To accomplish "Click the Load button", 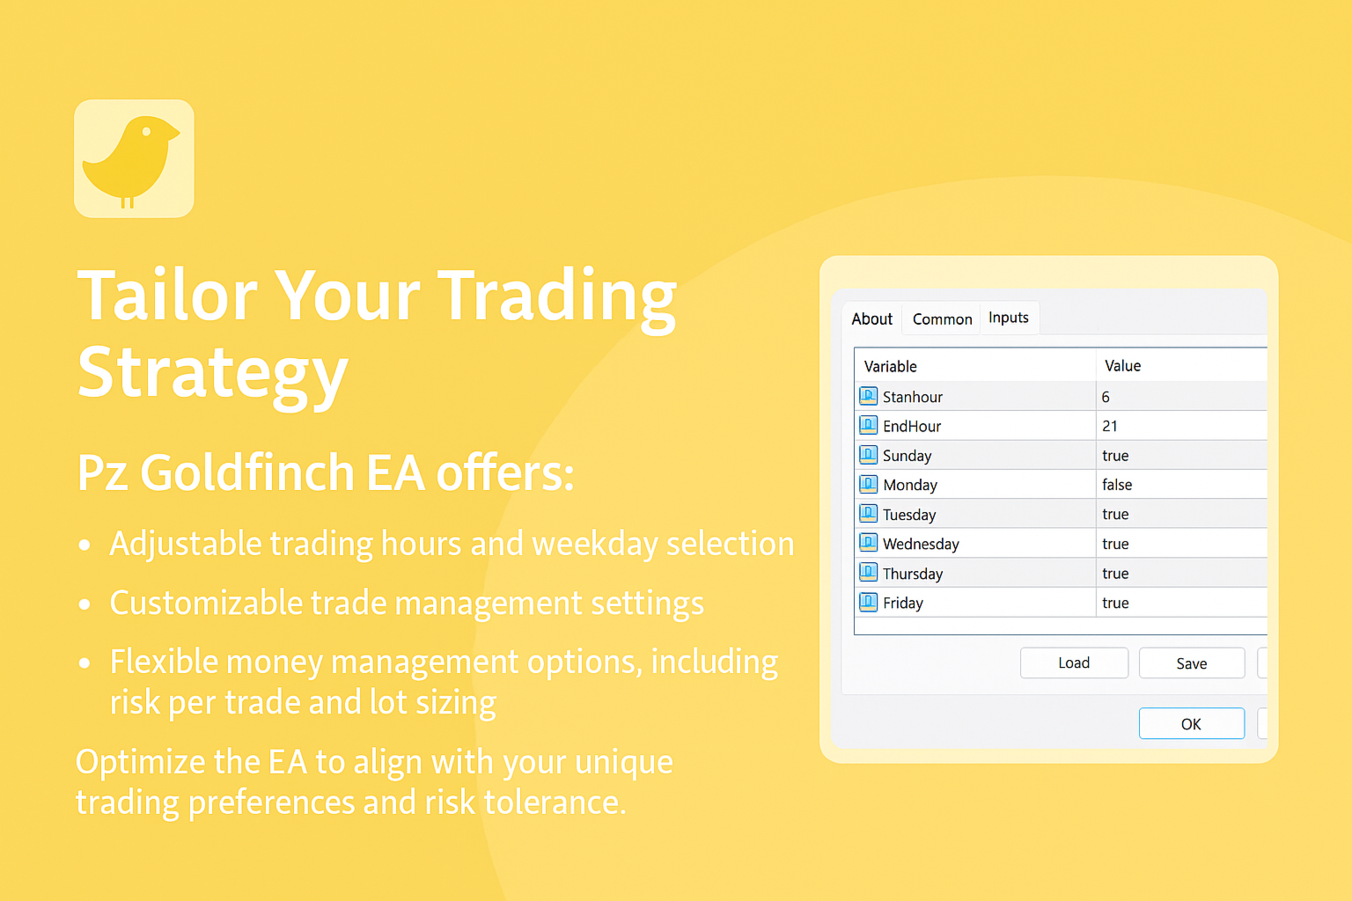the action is [1074, 663].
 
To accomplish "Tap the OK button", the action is [1192, 723].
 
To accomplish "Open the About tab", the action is [871, 319].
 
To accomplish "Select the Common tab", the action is [942, 319].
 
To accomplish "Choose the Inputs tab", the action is [1009, 318].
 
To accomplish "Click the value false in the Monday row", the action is [1117, 485].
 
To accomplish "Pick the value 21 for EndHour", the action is [1109, 426].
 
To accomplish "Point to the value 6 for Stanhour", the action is [1106, 397].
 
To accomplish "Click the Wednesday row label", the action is [921, 545].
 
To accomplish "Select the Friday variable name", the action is [903, 603].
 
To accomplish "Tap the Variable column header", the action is [890, 366].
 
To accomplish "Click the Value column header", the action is [1122, 366].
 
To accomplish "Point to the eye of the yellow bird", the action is [146, 131].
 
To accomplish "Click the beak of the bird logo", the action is [173, 132].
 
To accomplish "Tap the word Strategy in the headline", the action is [212, 372].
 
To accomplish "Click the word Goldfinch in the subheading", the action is [246, 472].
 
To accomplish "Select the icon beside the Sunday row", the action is [868, 455].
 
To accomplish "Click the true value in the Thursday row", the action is [1115, 574].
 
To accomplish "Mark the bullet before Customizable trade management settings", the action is [84, 604].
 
